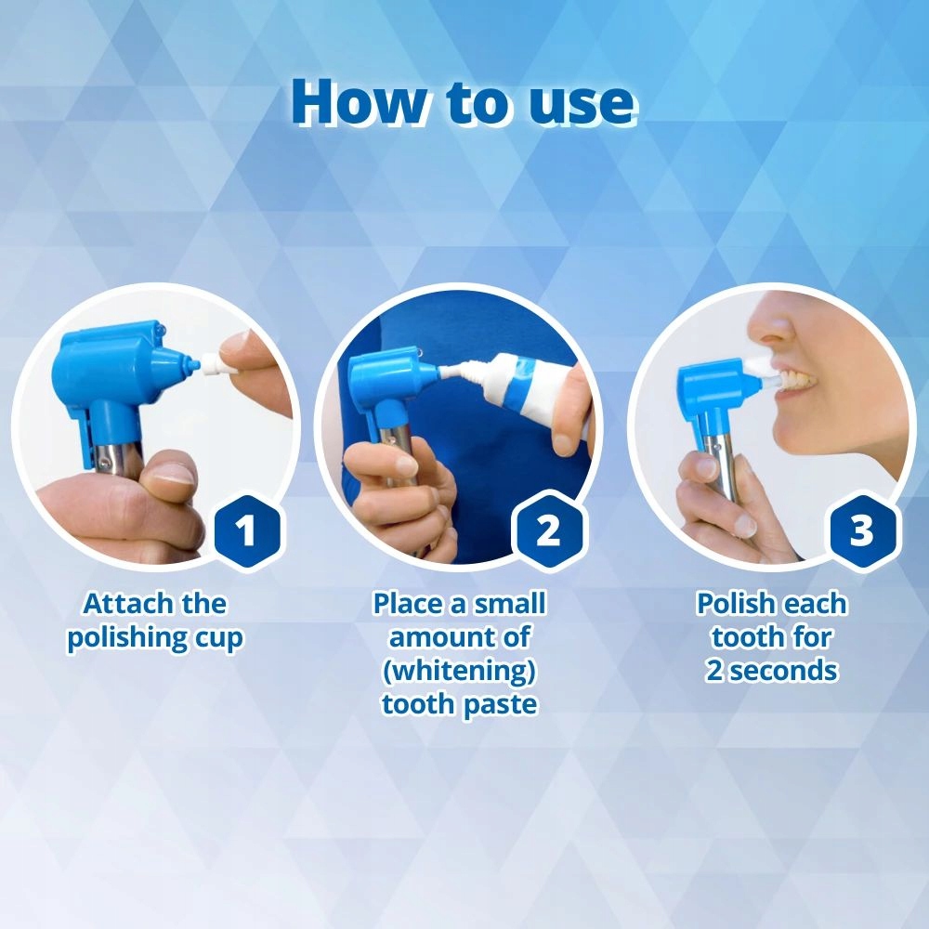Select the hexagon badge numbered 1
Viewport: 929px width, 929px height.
point(246,530)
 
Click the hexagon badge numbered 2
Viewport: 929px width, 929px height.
point(549,530)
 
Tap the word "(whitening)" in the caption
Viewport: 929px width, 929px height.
point(459,672)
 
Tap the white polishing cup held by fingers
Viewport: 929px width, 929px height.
point(210,362)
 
